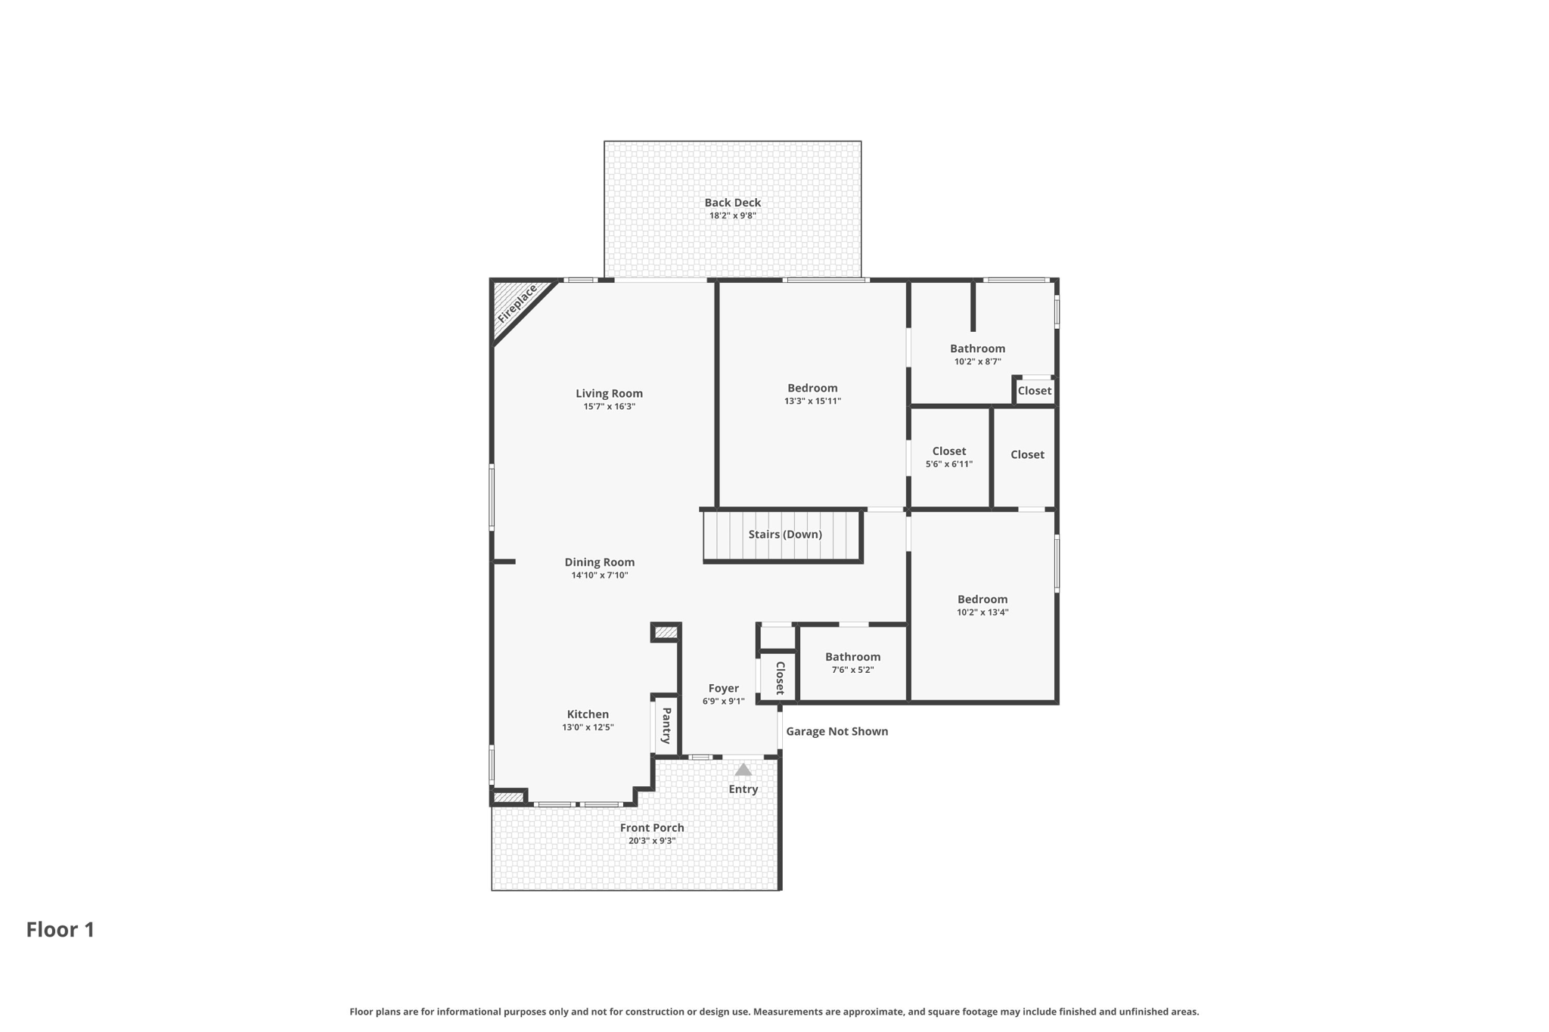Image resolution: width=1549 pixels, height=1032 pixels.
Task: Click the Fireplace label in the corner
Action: pos(517,304)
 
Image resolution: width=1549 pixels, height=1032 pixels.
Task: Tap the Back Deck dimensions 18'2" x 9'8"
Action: pos(732,215)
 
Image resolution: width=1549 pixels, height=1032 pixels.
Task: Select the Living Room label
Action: pos(609,393)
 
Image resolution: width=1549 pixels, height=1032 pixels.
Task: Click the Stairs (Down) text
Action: pos(784,535)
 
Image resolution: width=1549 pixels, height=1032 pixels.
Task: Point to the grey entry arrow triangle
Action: pos(743,770)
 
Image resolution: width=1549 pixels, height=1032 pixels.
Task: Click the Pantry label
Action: pos(666,726)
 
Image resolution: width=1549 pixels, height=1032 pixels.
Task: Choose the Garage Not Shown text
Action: pos(837,731)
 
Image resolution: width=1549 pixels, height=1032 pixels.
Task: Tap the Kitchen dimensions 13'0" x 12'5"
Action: pos(588,727)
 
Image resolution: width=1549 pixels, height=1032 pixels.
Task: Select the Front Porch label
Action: pos(652,828)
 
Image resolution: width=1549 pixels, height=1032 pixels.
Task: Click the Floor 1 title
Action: pos(61,930)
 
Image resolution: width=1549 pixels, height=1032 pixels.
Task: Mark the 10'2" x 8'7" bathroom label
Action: pos(977,349)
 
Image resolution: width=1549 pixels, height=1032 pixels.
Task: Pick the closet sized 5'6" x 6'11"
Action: pos(948,451)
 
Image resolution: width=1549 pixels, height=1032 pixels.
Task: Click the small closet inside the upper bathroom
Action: pos(1034,391)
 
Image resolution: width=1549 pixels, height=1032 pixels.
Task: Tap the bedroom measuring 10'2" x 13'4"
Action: pos(982,600)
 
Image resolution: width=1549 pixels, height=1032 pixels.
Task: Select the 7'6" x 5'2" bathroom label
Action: pos(852,657)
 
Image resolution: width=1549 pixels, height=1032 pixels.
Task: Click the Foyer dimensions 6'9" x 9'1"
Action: pos(723,702)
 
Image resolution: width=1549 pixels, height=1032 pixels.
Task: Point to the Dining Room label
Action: pos(599,562)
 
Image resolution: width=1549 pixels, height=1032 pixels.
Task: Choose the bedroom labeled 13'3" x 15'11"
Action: pos(812,389)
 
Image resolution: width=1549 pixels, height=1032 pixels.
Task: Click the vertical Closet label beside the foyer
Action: pos(780,678)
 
